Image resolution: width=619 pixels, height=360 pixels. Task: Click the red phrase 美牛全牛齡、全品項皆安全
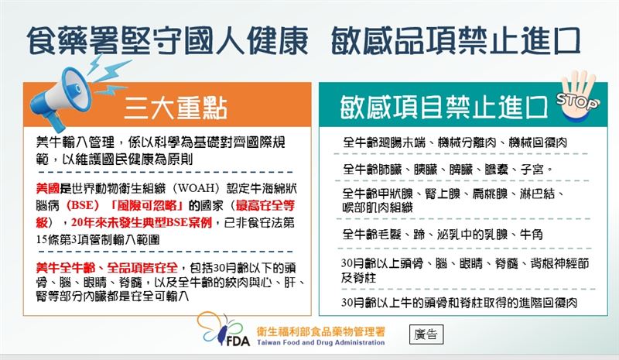point(112,267)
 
